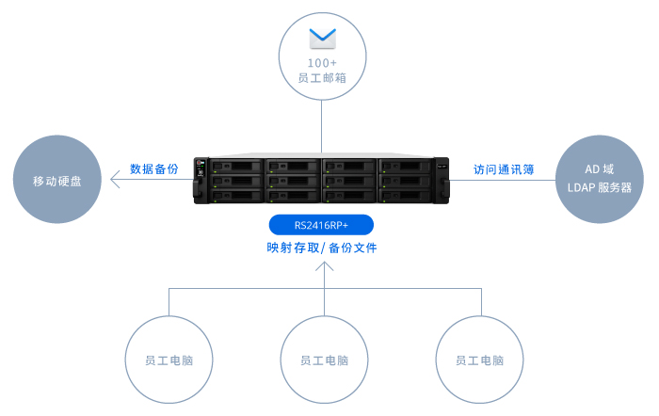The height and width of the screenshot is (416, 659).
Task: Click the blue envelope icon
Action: coord(323,38)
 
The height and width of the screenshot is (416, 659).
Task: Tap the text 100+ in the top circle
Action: coord(322,63)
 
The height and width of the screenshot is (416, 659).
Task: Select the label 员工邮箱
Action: coord(322,79)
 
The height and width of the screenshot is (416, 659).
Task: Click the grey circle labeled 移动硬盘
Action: coord(56,181)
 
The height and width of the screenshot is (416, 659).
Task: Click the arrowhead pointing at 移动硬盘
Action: coord(115,181)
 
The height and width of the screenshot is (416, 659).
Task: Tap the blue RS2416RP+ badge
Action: coord(322,225)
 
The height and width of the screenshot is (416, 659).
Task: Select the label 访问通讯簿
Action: coord(504,170)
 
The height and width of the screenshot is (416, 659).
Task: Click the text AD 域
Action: coord(599,170)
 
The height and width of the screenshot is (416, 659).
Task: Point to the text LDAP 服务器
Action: coord(599,188)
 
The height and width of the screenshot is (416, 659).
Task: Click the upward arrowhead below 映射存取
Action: coord(324,267)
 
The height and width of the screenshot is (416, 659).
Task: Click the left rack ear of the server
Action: coord(200,180)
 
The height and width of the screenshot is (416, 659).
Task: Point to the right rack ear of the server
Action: coord(445,180)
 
